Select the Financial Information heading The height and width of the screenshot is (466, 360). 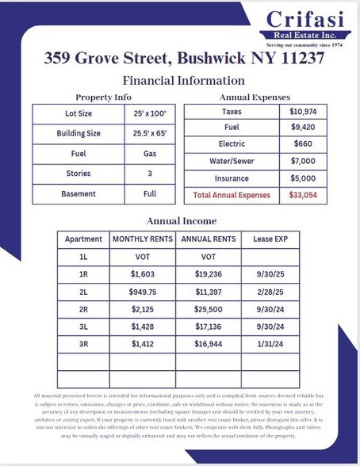(183, 81)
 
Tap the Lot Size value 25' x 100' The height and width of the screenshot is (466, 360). (149, 113)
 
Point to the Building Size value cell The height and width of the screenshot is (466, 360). (149, 134)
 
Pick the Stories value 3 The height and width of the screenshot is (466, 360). (149, 174)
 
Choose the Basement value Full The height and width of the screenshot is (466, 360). (149, 194)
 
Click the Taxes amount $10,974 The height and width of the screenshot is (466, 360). (305, 113)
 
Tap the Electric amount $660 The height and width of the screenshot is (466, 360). (305, 144)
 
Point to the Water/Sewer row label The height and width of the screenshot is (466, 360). (232, 161)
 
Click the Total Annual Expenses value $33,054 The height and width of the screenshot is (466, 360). (305, 194)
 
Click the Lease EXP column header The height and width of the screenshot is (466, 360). (269, 239)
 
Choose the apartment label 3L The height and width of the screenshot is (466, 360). (83, 327)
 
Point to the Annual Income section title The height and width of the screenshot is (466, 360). (182, 220)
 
